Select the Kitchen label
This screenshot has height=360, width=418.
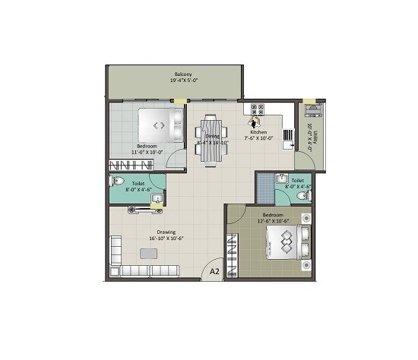click(x=258, y=131)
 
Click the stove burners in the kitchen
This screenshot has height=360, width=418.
click(x=256, y=110)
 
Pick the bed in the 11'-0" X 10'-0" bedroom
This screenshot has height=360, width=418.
click(x=162, y=125)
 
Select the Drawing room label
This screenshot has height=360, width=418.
click(x=166, y=232)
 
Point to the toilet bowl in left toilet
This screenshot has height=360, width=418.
click(x=117, y=182)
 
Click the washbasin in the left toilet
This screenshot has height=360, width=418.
click(x=156, y=199)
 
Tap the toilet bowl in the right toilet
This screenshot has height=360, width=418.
click(x=302, y=196)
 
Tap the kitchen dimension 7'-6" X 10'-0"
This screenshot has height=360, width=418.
click(x=258, y=138)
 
